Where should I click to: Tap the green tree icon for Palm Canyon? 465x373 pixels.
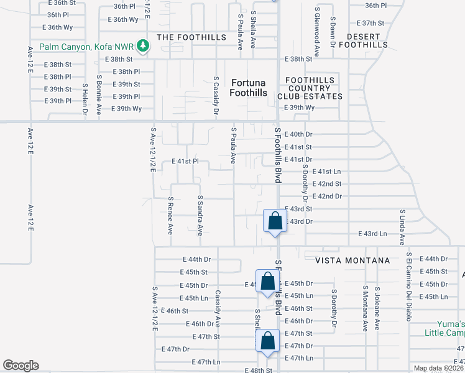tap(144, 46)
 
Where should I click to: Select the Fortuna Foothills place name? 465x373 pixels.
tap(249, 88)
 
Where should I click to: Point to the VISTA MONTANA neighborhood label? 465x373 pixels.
tap(352, 260)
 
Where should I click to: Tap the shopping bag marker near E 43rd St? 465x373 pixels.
tap(275, 221)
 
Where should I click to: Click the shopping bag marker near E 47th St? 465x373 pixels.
tap(267, 342)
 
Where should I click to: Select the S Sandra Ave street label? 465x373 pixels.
tap(200, 216)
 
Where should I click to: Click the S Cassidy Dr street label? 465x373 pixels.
tap(216, 96)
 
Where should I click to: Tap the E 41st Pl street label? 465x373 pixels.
tap(185, 161)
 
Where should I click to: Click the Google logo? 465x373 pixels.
tap(21, 366)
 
